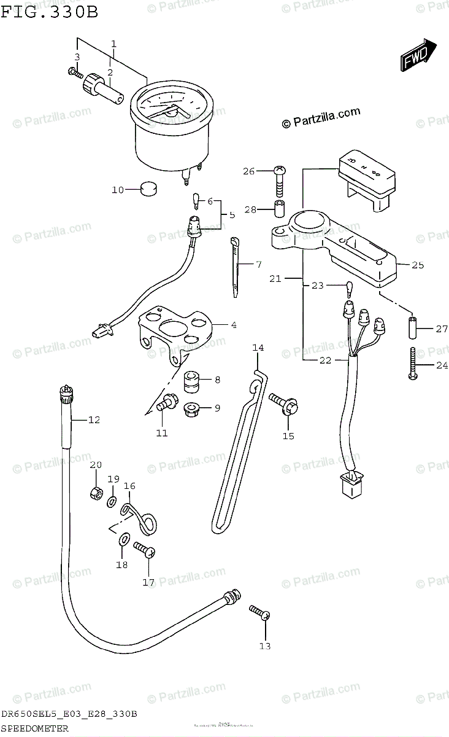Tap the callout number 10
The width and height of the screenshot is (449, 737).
coord(117,190)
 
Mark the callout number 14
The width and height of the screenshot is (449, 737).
coord(258,348)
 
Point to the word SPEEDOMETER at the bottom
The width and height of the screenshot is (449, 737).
coord(34,730)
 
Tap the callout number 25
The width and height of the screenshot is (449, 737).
coord(418,265)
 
